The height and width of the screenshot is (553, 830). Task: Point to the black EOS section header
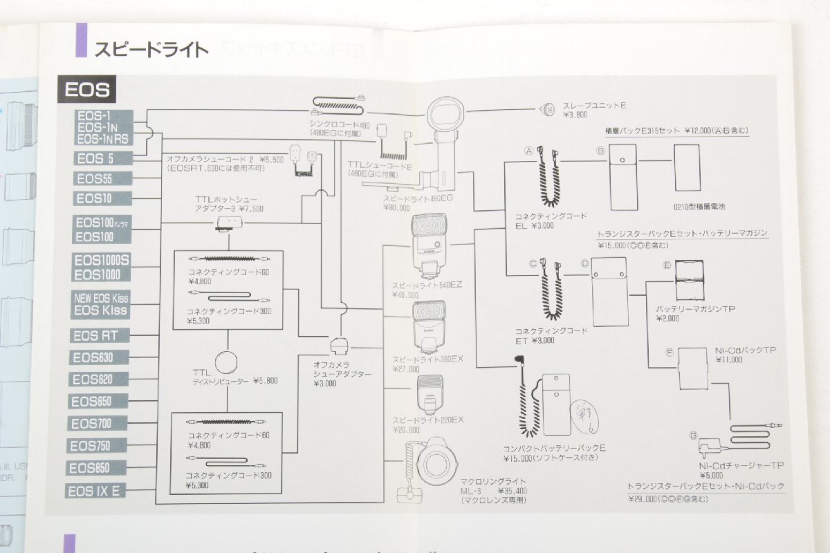88,90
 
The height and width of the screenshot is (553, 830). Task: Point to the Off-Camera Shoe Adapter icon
339,344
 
